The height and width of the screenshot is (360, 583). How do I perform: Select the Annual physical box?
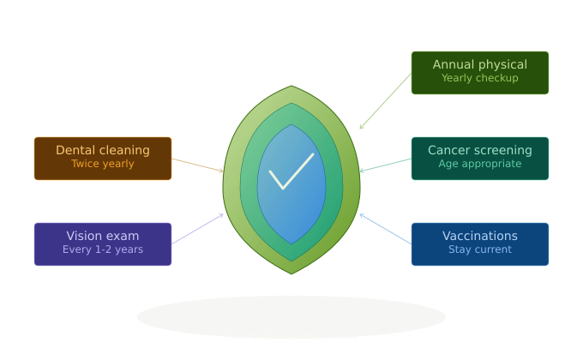[x=479, y=73]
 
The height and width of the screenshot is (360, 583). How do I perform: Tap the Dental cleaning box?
[x=103, y=159]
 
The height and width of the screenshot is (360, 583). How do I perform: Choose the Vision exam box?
[x=103, y=244]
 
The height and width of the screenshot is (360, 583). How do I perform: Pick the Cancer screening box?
[x=479, y=159]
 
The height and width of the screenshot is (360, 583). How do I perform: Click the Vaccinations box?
[x=479, y=244]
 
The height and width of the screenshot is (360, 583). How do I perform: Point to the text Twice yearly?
[x=103, y=164]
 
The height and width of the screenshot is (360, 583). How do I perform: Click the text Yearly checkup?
[x=479, y=78]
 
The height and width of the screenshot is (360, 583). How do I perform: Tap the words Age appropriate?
[x=479, y=164]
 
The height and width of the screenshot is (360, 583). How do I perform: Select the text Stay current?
[x=479, y=249]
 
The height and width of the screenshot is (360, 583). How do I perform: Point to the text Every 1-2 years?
[x=103, y=249]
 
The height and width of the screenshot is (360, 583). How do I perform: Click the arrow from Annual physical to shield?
[x=386, y=101]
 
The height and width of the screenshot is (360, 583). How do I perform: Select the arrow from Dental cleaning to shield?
[x=198, y=165]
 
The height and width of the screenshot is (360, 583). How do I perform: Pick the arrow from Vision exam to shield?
[x=198, y=229]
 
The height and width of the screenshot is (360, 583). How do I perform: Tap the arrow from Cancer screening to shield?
[x=386, y=165]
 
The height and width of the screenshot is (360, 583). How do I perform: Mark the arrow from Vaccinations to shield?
[x=386, y=229]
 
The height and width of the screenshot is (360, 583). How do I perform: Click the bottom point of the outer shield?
[x=291, y=274]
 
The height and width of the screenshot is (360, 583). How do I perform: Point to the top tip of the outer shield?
[x=291, y=86]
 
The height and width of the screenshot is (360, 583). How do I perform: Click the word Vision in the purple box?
[x=79, y=236]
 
